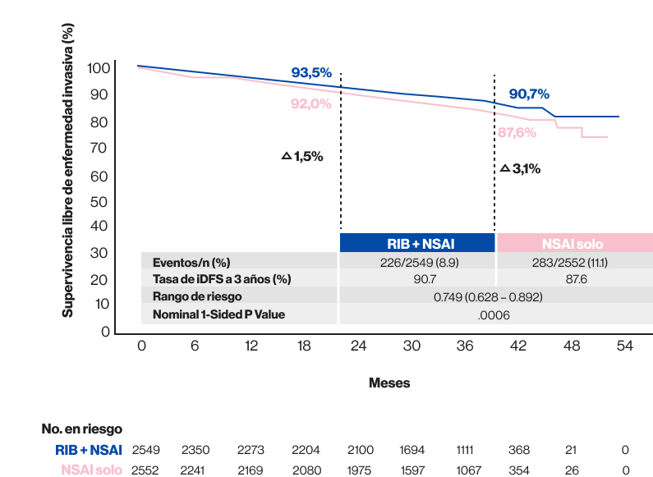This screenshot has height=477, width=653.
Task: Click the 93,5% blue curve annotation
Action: (x=311, y=73)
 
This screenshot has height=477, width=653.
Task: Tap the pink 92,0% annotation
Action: (x=310, y=103)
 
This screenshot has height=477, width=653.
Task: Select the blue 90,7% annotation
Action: (x=528, y=94)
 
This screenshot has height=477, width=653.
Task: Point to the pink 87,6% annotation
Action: (x=517, y=131)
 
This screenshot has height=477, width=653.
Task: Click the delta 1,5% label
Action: (x=302, y=156)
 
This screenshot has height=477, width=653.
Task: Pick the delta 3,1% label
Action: (x=520, y=168)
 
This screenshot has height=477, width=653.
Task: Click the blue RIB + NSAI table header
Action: (x=416, y=243)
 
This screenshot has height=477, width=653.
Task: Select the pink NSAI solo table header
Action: (x=573, y=243)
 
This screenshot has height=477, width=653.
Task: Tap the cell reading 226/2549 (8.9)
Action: (x=416, y=263)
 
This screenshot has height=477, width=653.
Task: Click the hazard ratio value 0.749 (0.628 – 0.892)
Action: (x=488, y=296)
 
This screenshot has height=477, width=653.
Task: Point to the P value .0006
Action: (x=487, y=314)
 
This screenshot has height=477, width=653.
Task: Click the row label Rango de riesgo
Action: (x=197, y=296)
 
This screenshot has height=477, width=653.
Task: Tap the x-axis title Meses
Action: (x=389, y=383)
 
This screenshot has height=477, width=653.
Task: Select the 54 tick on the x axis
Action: (x=624, y=347)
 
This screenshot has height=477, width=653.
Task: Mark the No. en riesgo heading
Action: (x=82, y=429)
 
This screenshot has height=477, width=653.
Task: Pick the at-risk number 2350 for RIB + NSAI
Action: (x=195, y=450)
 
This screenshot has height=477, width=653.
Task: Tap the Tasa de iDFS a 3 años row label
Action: (x=222, y=279)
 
